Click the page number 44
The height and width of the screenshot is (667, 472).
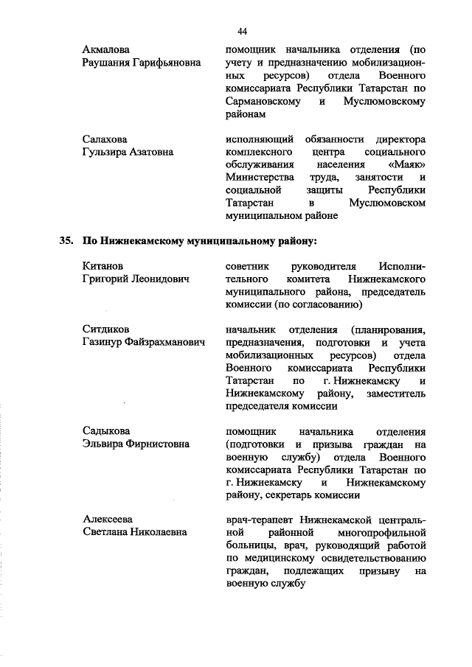[242, 30]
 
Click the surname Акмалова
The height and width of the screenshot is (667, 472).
[108, 50]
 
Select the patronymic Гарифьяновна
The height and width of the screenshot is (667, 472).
[166, 63]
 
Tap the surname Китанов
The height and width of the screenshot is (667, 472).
[103, 265]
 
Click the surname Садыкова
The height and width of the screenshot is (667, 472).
[107, 430]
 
